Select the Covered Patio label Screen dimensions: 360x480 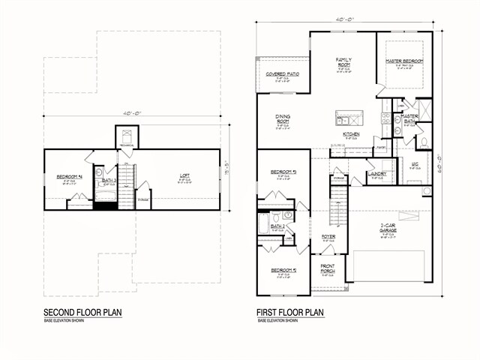tap(283, 74)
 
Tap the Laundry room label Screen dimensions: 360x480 tap(376, 174)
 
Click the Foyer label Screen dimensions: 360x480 tap(328, 237)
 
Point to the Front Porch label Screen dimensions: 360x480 tap(328, 268)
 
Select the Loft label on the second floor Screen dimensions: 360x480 tap(184, 177)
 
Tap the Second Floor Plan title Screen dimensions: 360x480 tap(82, 312)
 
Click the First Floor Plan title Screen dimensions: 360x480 tap(290, 312)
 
